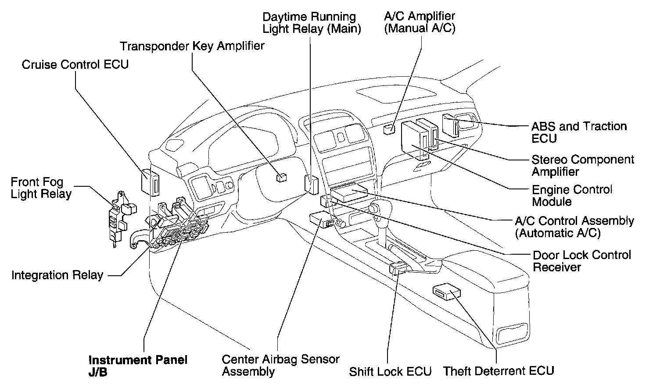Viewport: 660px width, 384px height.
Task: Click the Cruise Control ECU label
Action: click(75, 64)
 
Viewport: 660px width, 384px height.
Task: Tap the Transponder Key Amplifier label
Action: click(192, 46)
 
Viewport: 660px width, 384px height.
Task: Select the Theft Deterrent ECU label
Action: click(499, 371)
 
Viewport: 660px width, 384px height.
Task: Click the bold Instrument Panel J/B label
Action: click(138, 366)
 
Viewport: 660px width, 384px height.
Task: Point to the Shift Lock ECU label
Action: click(390, 372)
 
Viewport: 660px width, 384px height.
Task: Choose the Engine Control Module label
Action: click(572, 196)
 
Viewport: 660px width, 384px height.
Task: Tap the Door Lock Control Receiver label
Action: click(581, 261)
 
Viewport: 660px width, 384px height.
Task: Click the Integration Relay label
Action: click(57, 275)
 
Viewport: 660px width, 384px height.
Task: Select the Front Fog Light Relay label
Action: click(41, 188)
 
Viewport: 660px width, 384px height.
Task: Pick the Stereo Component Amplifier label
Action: click(582, 165)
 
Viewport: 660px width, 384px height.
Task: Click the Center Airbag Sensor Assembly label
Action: click(280, 365)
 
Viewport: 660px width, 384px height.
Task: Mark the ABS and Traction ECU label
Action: click(579, 132)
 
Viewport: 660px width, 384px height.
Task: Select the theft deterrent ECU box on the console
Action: click(446, 292)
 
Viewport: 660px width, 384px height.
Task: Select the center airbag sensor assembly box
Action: click(321, 219)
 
